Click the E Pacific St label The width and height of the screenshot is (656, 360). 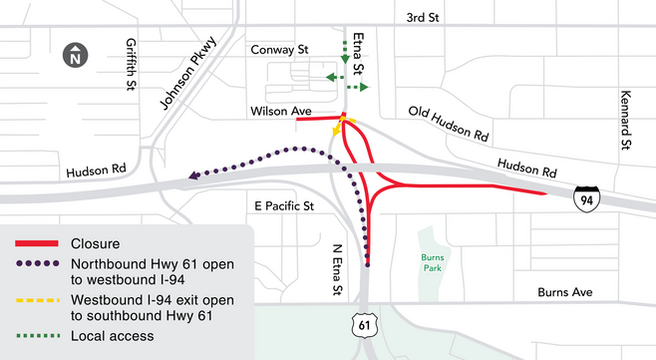coord(283,206)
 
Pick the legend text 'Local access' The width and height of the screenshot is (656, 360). coord(113,336)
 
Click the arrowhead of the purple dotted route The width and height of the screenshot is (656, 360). coord(191,178)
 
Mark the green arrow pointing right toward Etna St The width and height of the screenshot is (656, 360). coord(363,89)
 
